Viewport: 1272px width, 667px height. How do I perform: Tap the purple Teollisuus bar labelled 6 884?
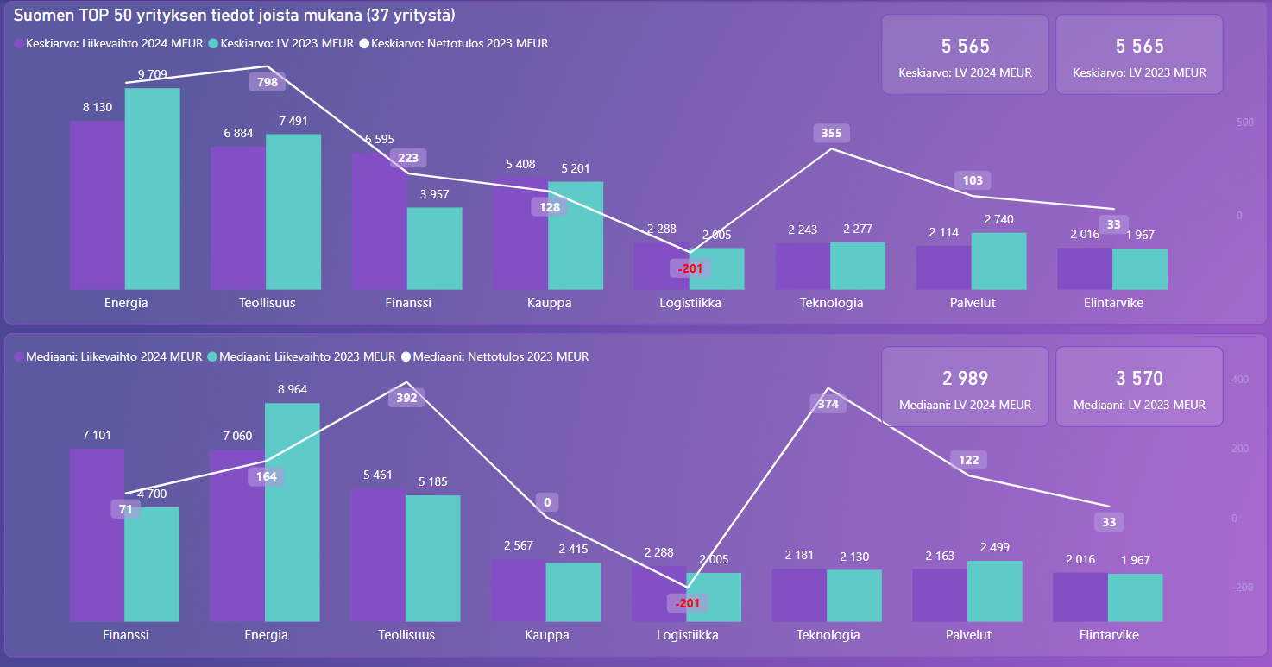click(238, 217)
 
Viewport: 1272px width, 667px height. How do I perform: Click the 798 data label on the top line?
click(268, 83)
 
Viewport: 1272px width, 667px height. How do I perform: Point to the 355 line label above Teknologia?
click(832, 133)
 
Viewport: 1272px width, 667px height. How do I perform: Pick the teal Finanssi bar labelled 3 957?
click(434, 249)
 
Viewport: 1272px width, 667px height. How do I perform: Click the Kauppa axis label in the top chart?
click(549, 303)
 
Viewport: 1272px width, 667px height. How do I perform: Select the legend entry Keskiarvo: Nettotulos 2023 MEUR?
click(459, 43)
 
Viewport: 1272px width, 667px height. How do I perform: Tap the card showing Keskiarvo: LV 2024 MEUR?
click(965, 54)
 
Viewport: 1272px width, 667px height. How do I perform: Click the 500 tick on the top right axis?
click(1245, 123)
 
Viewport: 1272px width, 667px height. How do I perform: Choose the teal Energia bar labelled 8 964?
click(293, 512)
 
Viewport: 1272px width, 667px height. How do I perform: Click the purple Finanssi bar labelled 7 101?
click(97, 535)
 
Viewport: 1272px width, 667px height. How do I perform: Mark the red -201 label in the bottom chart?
click(688, 602)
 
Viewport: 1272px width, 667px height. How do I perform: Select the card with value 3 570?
click(1139, 387)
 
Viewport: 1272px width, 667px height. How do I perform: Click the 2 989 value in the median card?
click(965, 378)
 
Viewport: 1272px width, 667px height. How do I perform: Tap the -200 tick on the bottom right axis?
click(1239, 588)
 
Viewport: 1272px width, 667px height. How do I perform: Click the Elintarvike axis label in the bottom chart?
click(1109, 635)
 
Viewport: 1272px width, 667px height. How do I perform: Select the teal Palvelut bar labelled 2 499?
click(995, 591)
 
